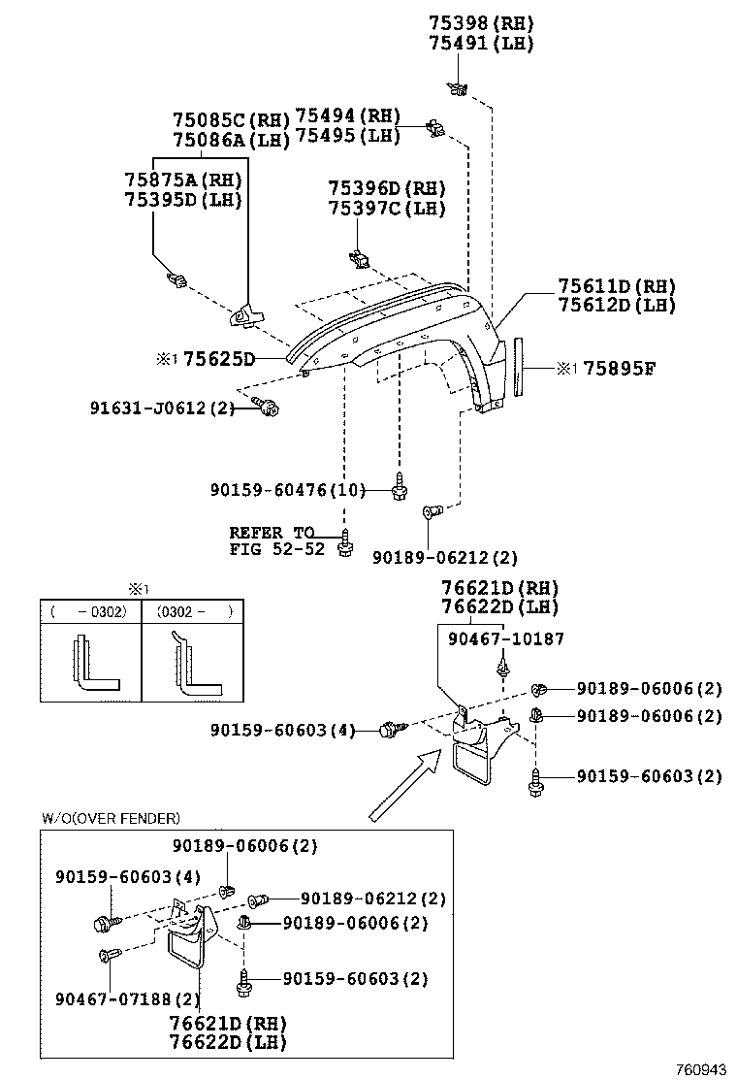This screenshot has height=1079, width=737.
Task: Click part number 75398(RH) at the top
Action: [482, 23]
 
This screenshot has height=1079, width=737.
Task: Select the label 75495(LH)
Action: [347, 136]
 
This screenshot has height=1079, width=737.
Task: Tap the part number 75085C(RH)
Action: [231, 120]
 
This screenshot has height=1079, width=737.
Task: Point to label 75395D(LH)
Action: [182, 200]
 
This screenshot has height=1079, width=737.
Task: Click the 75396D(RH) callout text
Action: [386, 188]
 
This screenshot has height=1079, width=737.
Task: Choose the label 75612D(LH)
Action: [616, 305]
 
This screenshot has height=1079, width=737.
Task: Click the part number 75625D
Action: [219, 360]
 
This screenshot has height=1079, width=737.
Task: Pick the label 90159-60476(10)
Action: [287, 490]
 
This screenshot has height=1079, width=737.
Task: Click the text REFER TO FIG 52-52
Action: [272, 540]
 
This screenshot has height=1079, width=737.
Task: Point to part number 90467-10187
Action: [505, 638]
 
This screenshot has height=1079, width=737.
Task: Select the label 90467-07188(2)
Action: [128, 999]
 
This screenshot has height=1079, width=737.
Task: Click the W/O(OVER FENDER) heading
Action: [111, 819]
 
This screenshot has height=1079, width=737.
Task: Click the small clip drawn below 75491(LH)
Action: [456, 89]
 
